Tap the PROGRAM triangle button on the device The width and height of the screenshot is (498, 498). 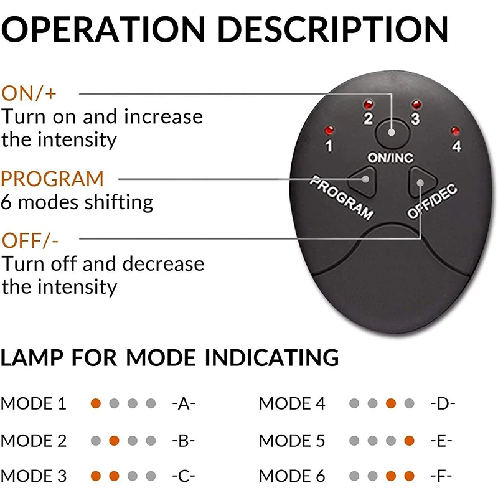[363, 181]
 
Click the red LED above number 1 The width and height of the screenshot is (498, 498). [329, 131]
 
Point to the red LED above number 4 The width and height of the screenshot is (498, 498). [455, 131]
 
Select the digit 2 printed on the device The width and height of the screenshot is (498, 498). [368, 118]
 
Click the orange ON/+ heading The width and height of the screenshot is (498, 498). [29, 94]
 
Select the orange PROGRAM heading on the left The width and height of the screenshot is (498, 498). [52, 179]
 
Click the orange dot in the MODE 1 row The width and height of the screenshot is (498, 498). [95, 403]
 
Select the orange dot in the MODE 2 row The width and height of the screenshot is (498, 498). [114, 441]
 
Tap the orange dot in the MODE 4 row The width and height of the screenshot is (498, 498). [390, 403]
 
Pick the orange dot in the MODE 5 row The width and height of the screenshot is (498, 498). [409, 441]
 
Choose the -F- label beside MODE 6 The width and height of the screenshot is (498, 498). [442, 477]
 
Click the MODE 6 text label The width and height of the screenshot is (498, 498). [291, 477]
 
